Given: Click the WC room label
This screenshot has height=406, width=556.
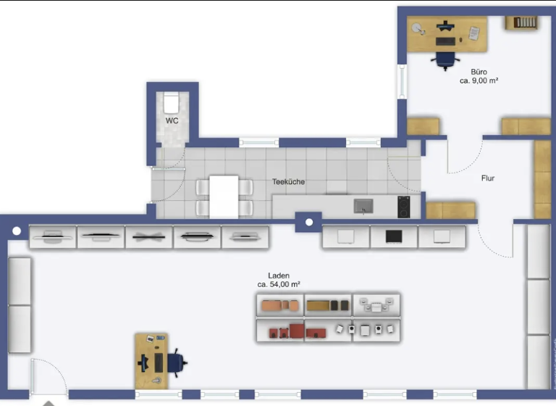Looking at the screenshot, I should [172, 120].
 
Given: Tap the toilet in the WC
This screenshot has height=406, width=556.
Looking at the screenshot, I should [172, 101].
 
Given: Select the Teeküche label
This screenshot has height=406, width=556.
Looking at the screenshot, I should [288, 183].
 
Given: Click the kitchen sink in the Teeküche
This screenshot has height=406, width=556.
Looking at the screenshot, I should [363, 207].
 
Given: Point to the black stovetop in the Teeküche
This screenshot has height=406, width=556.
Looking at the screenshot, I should [404, 207].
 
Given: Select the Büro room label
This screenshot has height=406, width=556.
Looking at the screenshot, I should [479, 72].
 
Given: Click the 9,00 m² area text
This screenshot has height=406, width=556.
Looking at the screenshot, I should [479, 82].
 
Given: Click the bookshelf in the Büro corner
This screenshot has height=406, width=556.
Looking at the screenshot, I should [526, 22].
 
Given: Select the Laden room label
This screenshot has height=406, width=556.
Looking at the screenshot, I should [279, 275].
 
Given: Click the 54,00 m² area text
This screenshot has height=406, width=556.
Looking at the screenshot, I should [279, 285].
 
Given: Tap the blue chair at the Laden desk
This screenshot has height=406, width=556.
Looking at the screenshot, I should [176, 360].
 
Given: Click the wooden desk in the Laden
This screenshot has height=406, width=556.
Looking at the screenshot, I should [151, 360].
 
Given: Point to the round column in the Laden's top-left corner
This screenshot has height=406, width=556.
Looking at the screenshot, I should [17, 231].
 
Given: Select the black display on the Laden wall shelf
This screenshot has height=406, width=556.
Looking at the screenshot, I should [394, 236].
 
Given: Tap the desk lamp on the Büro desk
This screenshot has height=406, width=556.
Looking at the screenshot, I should [418, 28].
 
